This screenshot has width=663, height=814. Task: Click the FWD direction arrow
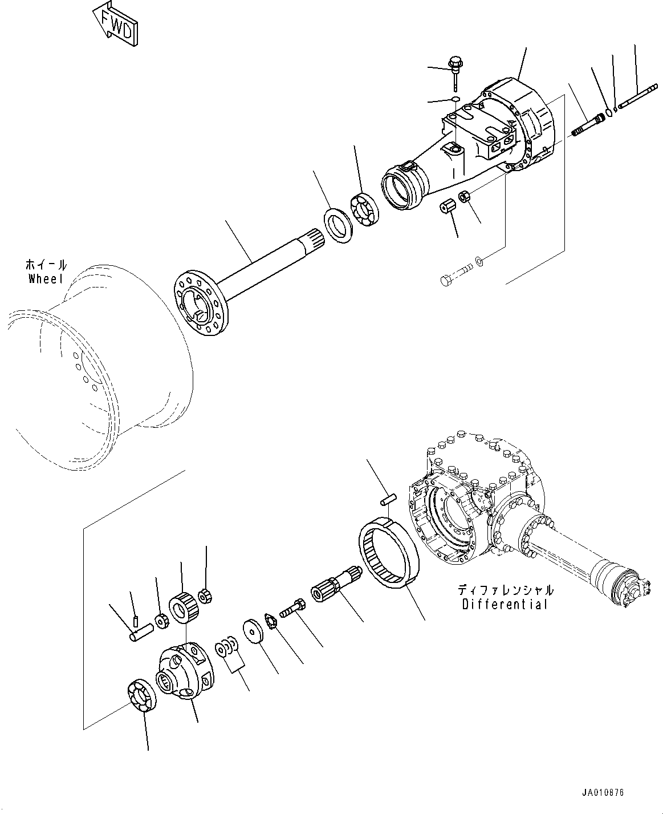point(114,23)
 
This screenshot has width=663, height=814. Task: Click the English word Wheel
point(46,278)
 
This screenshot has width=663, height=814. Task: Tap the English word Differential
point(505,604)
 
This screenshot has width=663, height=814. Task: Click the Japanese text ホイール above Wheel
point(46,265)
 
